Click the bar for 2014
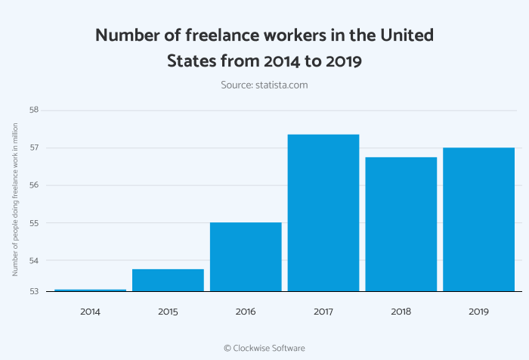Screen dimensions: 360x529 [90, 290]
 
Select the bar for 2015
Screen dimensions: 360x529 [168, 280]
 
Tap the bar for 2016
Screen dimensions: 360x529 [246, 257]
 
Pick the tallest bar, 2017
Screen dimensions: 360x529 [323, 213]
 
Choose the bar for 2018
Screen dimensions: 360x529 [401, 224]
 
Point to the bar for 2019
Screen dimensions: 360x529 [478, 219]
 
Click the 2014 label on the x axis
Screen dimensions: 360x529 [90, 312]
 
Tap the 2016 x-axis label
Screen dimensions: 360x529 [246, 312]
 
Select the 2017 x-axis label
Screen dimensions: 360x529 [323, 312]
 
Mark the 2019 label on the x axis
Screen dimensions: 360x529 [478, 312]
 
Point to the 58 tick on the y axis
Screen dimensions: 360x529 [34, 110]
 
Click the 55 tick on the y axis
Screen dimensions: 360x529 [34, 223]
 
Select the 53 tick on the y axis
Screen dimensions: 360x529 [34, 291]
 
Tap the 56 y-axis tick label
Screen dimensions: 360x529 [34, 185]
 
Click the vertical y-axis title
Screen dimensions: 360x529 [14, 200]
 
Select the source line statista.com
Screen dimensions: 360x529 [264, 85]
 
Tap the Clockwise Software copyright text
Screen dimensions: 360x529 [264, 348]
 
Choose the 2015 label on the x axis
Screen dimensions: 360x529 [168, 312]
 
